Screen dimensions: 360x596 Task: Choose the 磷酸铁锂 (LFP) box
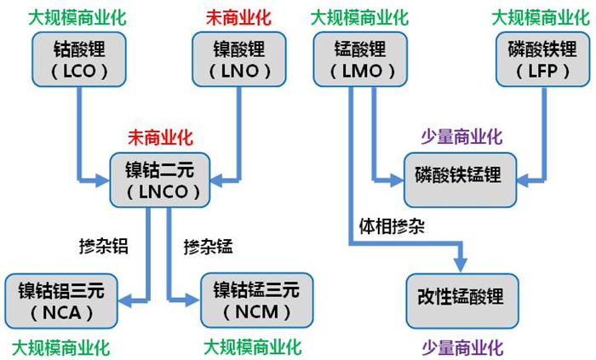click(537, 60)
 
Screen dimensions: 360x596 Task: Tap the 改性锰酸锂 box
click(461, 300)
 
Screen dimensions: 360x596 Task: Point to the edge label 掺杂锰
click(208, 247)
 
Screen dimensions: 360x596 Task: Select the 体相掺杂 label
click(391, 227)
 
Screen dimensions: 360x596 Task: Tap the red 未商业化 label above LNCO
click(161, 137)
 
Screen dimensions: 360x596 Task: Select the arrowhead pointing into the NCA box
click(125, 299)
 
